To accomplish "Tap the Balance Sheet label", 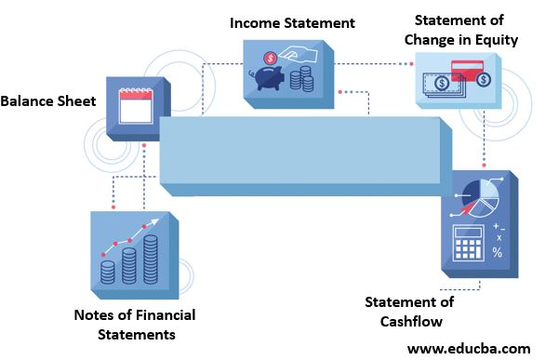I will click(x=48, y=100).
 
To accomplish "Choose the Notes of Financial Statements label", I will click(x=135, y=324).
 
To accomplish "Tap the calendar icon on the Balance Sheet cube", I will click(x=137, y=106).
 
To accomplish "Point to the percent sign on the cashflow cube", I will click(x=498, y=252).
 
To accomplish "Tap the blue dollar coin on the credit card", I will click(x=484, y=81).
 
